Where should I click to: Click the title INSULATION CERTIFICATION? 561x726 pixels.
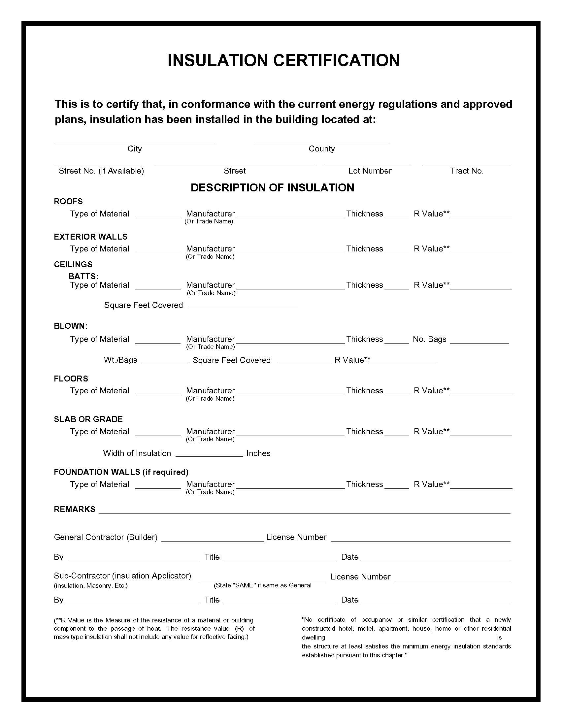pos(283,60)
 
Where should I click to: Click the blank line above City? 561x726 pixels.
pos(134,141)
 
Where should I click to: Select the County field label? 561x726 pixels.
pos(321,149)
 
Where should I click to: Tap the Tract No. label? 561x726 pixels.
pos(466,171)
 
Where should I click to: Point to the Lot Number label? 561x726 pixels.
pos(370,171)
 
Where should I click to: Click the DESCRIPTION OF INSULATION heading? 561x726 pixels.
pos(272,188)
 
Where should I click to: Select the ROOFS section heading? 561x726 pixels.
pos(68,201)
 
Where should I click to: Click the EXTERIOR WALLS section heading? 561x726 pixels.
pos(90,237)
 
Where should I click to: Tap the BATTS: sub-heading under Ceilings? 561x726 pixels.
pos(83,276)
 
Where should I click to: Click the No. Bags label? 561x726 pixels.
pos(429,339)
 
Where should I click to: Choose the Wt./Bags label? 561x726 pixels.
pos(120,360)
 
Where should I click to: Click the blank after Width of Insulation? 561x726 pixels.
pos(209,454)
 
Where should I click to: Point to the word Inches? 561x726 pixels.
pos(258,453)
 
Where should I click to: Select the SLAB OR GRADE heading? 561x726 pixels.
pos(88,419)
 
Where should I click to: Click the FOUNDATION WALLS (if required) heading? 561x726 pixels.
pos(121,472)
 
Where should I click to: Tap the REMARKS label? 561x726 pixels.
pos(75,509)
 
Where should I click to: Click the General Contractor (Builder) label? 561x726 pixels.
pos(105,537)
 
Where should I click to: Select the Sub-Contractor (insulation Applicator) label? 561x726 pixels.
pos(122,576)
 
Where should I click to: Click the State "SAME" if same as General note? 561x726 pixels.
pos(262,585)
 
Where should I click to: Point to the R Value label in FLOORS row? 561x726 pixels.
pos(431,391)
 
